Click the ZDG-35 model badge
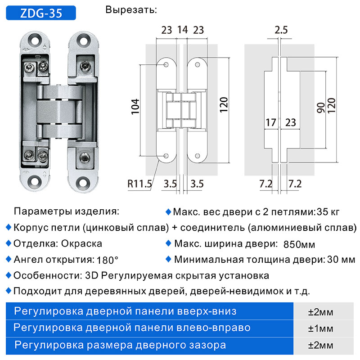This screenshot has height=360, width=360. [x=41, y=13]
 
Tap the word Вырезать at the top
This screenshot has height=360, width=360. [x=131, y=10]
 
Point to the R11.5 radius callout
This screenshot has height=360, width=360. [x=139, y=184]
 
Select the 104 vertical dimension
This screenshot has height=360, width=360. [x=135, y=107]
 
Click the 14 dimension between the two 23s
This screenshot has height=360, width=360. [x=183, y=30]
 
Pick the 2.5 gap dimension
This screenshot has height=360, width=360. [x=281, y=30]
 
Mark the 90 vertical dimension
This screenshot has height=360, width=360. [x=321, y=108]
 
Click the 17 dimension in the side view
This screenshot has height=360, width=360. [x=271, y=122]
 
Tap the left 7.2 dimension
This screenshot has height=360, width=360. [x=265, y=184]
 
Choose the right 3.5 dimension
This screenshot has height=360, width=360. [x=197, y=184]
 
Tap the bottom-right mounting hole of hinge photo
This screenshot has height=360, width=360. [x=82, y=181]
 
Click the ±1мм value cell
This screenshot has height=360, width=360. [x=320, y=328]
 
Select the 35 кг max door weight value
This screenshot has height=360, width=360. [x=328, y=211]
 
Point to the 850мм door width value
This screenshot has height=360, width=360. [x=299, y=244]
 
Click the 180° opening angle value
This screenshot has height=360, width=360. [x=108, y=260]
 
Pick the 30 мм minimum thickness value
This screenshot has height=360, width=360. [x=341, y=260]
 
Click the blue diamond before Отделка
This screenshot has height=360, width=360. [x=9, y=243]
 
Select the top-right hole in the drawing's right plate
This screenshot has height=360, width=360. [x=197, y=65]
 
